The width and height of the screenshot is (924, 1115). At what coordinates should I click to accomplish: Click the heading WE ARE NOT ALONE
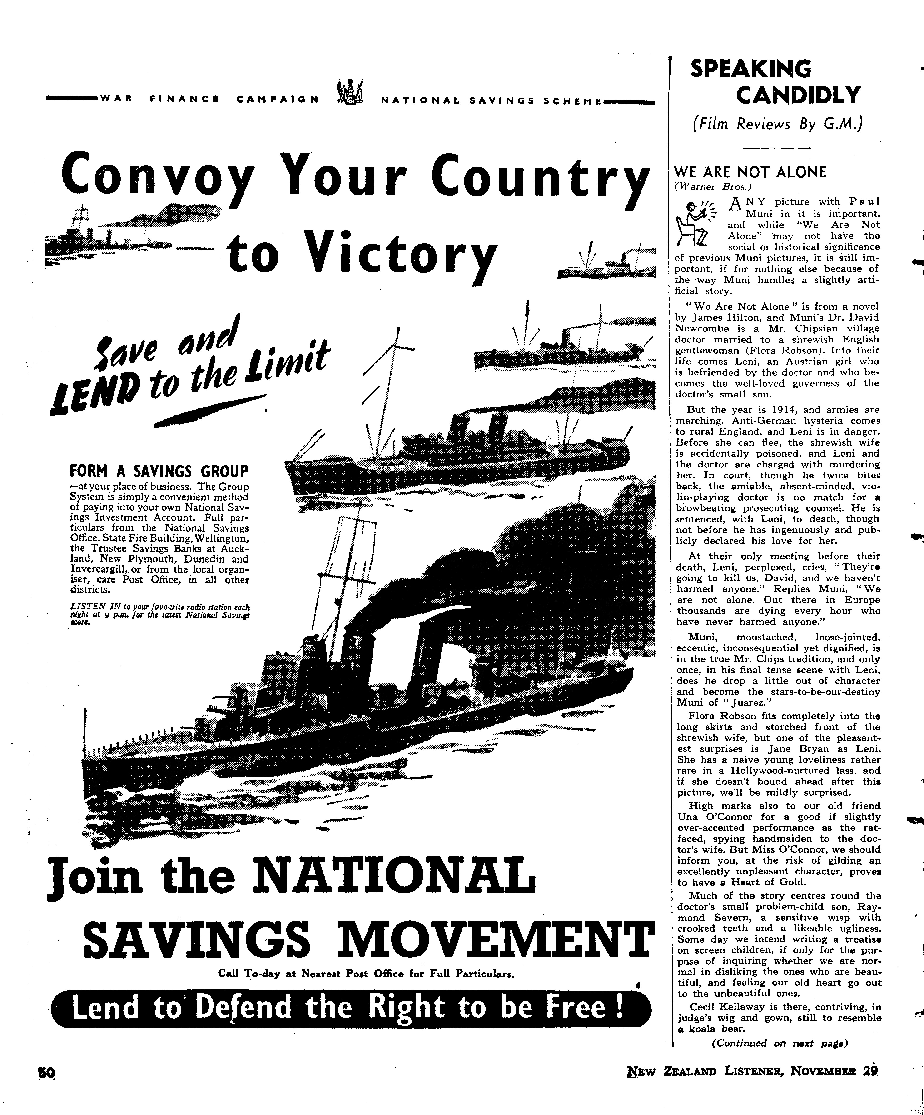point(750,172)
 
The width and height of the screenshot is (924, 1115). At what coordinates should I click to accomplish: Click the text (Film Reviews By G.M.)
point(778,124)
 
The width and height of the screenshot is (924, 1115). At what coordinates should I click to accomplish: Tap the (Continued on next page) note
point(779,1043)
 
